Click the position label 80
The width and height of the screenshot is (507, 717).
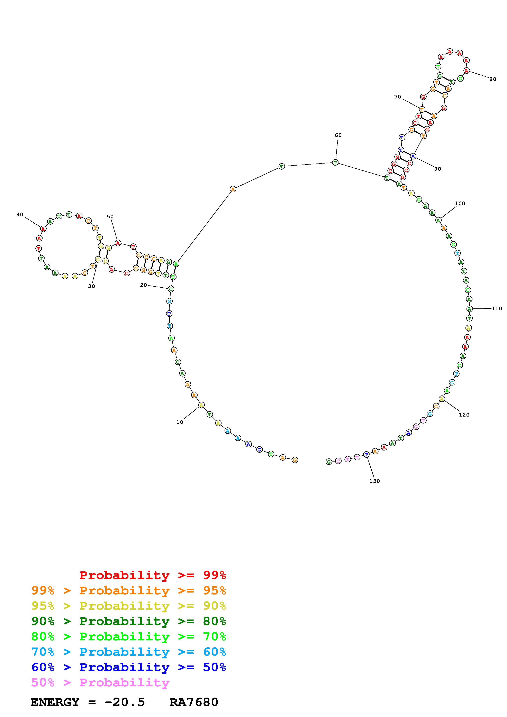pyautogui.click(x=493, y=79)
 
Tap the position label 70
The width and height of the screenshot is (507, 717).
pyautogui.click(x=397, y=97)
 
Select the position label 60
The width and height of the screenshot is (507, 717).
pyautogui.click(x=338, y=135)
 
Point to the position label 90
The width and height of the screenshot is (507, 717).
pyautogui.click(x=438, y=169)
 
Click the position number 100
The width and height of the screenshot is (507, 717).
pyautogui.click(x=460, y=203)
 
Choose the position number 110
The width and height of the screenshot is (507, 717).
pyautogui.click(x=497, y=309)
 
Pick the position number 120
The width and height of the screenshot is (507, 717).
pyautogui.click(x=464, y=415)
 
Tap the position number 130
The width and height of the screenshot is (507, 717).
pyautogui.click(x=374, y=481)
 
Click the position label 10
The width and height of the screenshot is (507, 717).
pyautogui.click(x=180, y=422)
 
